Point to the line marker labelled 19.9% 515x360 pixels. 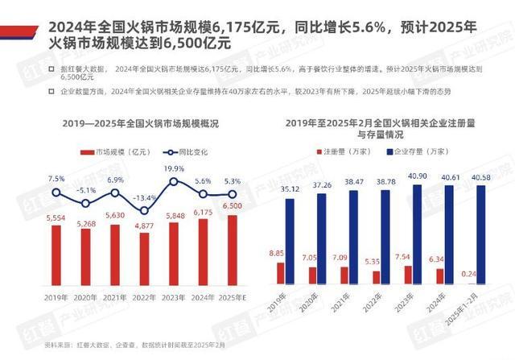pos(174,181)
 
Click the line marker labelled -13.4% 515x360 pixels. pos(145,210)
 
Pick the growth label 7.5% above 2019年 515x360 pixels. pos(56,178)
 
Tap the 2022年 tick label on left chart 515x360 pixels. pos(145,298)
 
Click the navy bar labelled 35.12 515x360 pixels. pos(290,240)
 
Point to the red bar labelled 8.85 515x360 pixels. pos(280,273)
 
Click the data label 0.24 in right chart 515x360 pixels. pos(470,274)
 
